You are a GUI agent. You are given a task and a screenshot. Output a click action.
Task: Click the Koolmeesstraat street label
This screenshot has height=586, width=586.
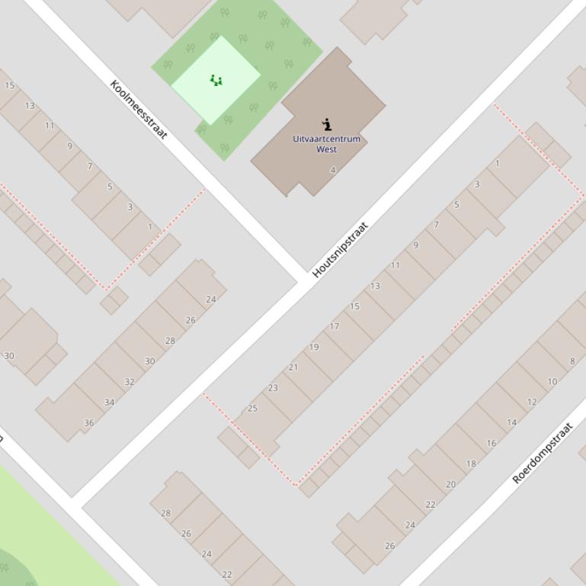[138, 109]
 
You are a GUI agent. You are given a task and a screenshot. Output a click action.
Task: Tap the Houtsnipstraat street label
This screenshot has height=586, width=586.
[340, 249]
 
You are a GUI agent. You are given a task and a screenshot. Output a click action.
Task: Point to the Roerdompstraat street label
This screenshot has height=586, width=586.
[542, 454]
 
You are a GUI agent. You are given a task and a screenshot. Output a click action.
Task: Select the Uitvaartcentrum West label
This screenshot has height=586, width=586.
[326, 144]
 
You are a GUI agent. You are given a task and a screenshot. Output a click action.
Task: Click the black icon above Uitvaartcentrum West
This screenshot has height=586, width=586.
[327, 124]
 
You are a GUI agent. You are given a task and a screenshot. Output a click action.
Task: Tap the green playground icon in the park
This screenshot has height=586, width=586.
[216, 80]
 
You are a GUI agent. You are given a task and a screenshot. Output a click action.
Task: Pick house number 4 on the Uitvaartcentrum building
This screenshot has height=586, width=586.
[332, 170]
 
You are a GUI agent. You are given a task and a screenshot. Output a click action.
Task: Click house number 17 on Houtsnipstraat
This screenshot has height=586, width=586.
[334, 326]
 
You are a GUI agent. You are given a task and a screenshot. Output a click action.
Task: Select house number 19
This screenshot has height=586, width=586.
[314, 347]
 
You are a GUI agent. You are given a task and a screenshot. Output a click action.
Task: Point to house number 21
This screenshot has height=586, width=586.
[293, 368]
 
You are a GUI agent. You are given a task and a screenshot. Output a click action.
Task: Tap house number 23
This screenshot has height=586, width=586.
[273, 388]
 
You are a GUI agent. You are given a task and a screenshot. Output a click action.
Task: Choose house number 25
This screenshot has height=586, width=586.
[252, 409]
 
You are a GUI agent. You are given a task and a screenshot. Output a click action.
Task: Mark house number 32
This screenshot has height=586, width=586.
[130, 382]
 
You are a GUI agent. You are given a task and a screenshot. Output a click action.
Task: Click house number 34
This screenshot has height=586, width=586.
[110, 403]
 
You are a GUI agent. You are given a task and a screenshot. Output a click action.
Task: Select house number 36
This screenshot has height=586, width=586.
[89, 423]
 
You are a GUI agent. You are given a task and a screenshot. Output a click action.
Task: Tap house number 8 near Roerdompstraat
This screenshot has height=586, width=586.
[572, 361]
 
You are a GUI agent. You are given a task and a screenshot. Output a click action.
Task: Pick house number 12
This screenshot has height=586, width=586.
[532, 402]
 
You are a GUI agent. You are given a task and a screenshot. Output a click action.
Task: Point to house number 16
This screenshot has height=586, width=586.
[492, 443]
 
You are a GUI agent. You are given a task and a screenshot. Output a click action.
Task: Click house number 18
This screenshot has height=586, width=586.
[471, 463]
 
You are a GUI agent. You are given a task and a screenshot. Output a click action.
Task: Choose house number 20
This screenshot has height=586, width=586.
[450, 484]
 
